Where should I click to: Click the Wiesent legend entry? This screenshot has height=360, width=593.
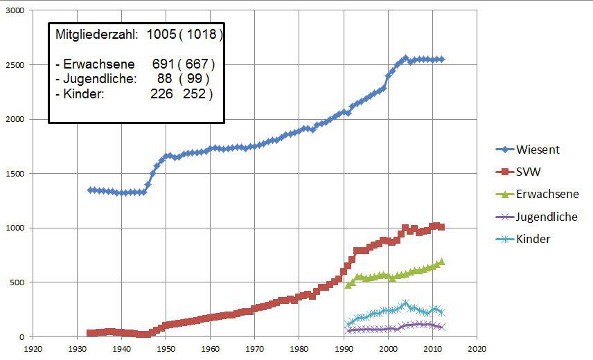click(x=538, y=149)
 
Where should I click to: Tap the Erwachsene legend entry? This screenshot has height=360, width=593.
click(x=547, y=195)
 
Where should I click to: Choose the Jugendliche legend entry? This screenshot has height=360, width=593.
click(x=547, y=217)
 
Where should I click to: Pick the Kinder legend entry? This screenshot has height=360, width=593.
click(x=533, y=240)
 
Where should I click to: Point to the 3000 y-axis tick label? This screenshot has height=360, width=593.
click(x=13, y=11)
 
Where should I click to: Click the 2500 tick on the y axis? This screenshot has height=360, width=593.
click(x=13, y=65)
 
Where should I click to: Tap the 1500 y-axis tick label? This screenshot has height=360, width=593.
click(x=13, y=174)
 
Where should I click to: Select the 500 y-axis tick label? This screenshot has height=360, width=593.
click(x=16, y=282)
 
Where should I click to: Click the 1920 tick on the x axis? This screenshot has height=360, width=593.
click(x=30, y=349)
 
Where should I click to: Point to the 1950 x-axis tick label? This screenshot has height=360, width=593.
click(x=166, y=349)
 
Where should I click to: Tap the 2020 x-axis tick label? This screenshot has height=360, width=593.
click(x=477, y=349)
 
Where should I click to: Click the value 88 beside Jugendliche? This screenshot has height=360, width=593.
click(x=165, y=79)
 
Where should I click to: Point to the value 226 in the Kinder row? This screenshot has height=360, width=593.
click(x=162, y=93)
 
